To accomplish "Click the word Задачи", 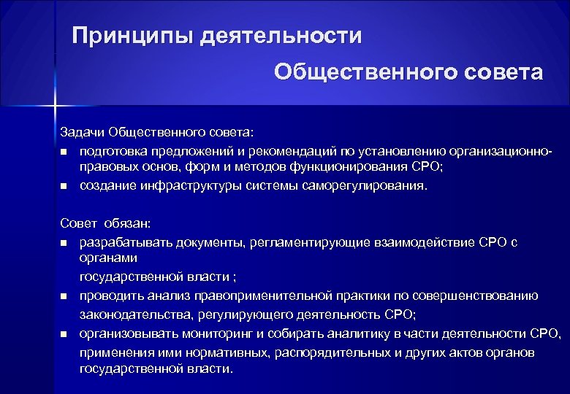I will pyautogui.click(x=82, y=132).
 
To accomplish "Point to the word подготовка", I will pyautogui.click(x=113, y=150).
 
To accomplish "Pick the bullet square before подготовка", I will pyautogui.click(x=64, y=151).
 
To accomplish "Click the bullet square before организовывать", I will pyautogui.click(x=64, y=334).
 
